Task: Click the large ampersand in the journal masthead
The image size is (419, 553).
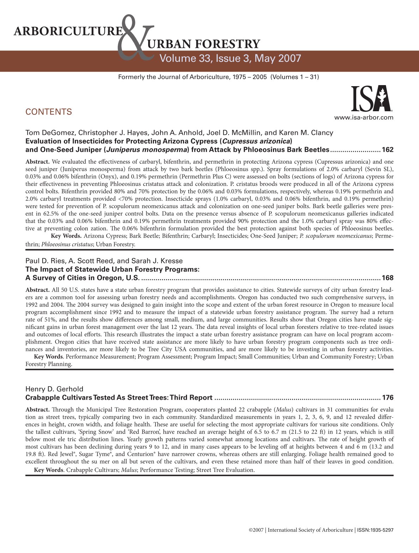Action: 136,39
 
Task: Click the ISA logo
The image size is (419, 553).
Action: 371,99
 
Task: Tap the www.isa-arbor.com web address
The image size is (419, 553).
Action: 364,118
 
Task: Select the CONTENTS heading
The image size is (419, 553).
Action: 49,112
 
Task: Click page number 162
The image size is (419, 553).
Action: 387,150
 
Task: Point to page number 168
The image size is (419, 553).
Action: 387,278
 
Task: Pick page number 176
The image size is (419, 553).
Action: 387,398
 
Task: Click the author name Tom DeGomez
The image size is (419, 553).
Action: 48,133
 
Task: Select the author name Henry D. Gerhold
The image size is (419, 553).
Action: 54,389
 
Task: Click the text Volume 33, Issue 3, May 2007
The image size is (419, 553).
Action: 230,58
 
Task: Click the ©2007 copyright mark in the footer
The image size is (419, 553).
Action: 256,530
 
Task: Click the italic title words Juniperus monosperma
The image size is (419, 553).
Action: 146,150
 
